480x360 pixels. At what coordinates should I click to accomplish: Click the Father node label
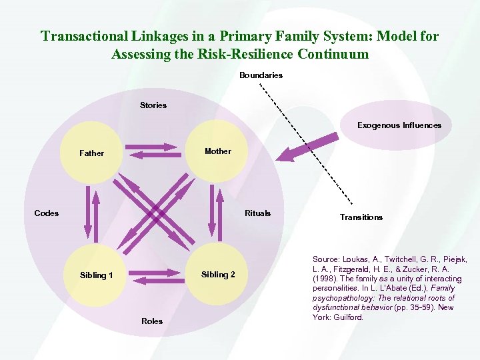pyautogui.click(x=91, y=153)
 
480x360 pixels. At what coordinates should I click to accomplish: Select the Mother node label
pyautogui.click(x=218, y=151)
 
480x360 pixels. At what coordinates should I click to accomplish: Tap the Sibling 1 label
pyautogui.click(x=96, y=275)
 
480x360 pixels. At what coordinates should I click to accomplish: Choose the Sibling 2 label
pyautogui.click(x=218, y=275)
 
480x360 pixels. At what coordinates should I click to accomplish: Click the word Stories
pyautogui.click(x=153, y=105)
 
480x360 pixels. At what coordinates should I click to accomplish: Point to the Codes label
pyautogui.click(x=47, y=213)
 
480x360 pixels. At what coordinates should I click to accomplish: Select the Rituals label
pyautogui.click(x=257, y=213)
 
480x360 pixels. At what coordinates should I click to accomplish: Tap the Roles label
pyautogui.click(x=152, y=321)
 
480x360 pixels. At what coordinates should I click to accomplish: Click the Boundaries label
pyautogui.click(x=261, y=75)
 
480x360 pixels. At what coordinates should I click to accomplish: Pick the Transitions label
pyautogui.click(x=361, y=217)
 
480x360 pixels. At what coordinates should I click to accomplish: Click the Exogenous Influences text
pyautogui.click(x=399, y=125)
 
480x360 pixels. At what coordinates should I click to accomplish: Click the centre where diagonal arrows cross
pyautogui.click(x=155, y=214)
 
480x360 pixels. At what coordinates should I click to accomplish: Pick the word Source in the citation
pyautogui.click(x=326, y=259)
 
